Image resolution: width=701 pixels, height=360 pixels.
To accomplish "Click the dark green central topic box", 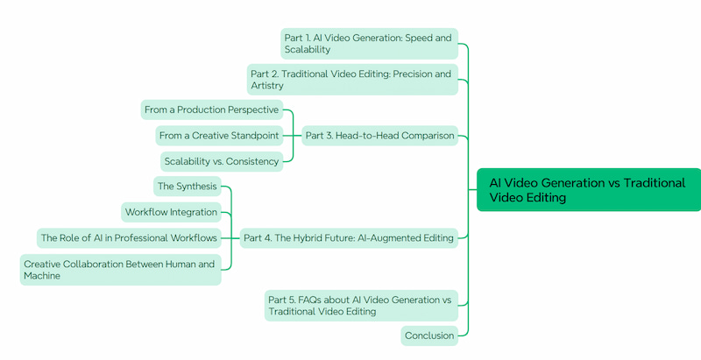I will pyautogui.click(x=588, y=190).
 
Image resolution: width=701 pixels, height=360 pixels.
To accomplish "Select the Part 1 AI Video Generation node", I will pyautogui.click(x=369, y=44).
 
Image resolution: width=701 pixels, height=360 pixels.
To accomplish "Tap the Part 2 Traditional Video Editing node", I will pyautogui.click(x=352, y=80).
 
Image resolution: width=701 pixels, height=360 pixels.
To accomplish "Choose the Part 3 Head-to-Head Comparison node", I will pyautogui.click(x=379, y=136).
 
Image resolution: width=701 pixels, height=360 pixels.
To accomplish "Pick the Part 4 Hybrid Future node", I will pyautogui.click(x=349, y=237).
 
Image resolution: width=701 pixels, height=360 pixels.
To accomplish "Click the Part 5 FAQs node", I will pyautogui.click(x=360, y=306).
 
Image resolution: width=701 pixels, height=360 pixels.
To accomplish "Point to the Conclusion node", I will pyautogui.click(x=429, y=335).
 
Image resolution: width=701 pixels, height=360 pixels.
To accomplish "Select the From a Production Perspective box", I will pyautogui.click(x=212, y=109).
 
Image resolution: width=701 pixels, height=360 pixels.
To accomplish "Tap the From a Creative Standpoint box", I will pyautogui.click(x=219, y=136).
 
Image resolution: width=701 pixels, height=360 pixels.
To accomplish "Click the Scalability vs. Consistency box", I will pyautogui.click(x=222, y=161).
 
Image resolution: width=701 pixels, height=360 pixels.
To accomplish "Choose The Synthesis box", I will pyautogui.click(x=186, y=187).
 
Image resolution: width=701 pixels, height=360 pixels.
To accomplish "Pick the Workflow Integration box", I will pyautogui.click(x=171, y=212).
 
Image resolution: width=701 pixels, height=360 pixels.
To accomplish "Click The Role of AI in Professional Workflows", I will pyautogui.click(x=129, y=237).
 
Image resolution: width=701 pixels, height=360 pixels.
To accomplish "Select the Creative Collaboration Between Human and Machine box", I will pyautogui.click(x=120, y=270).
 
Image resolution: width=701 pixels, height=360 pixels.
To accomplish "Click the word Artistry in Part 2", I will pyautogui.click(x=268, y=86).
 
